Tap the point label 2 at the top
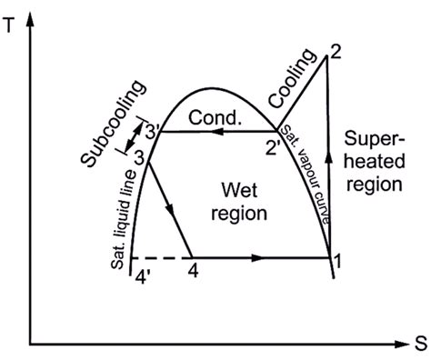336,51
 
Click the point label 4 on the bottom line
192,271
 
